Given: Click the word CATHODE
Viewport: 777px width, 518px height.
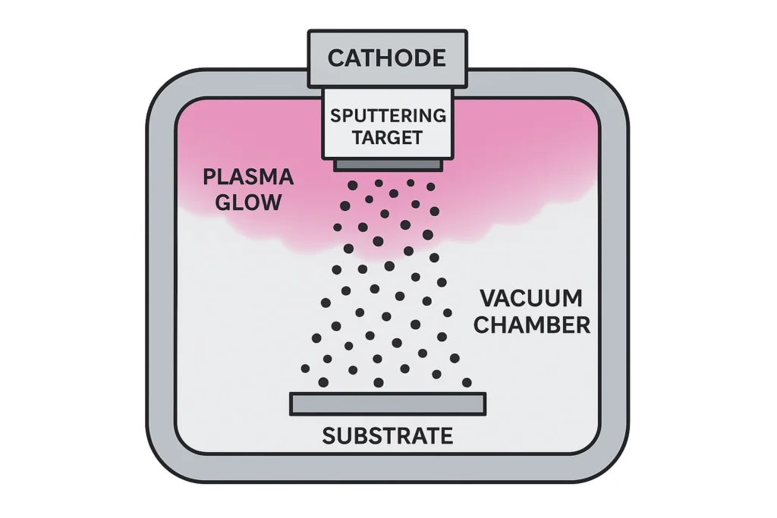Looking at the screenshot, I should (x=387, y=58).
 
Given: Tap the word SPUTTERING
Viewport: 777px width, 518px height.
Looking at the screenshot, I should (x=388, y=116).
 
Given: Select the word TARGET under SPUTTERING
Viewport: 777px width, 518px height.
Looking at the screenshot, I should (x=388, y=138).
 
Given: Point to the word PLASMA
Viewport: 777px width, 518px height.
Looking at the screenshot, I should (x=247, y=178).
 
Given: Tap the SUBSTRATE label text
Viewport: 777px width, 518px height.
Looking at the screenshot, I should (x=387, y=436).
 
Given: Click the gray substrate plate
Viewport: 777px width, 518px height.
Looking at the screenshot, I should (x=387, y=403).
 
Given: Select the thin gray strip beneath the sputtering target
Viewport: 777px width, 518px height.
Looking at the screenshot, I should (x=388, y=164).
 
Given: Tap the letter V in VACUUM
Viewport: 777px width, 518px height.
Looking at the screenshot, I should (x=487, y=298).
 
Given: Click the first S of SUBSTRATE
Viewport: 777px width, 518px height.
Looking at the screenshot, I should (x=329, y=436).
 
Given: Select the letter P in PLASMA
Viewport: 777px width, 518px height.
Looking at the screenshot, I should (x=209, y=178).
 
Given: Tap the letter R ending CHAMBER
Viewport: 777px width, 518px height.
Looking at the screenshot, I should (x=582, y=325).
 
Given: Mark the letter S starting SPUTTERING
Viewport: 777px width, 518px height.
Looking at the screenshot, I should (x=335, y=116).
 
